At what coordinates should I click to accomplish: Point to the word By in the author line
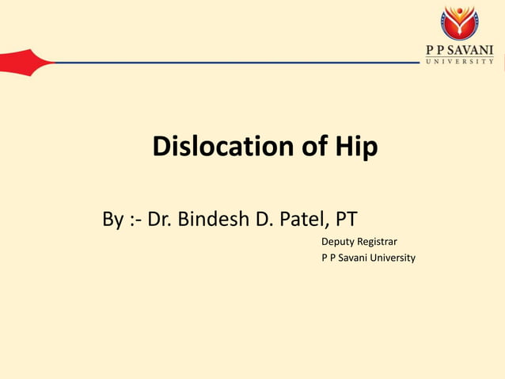point(113,219)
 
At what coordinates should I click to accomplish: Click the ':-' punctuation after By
point(136,219)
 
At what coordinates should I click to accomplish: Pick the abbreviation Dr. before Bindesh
point(161,219)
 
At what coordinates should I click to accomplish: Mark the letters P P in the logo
point(435,49)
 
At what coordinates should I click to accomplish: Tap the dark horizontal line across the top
point(237,63)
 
